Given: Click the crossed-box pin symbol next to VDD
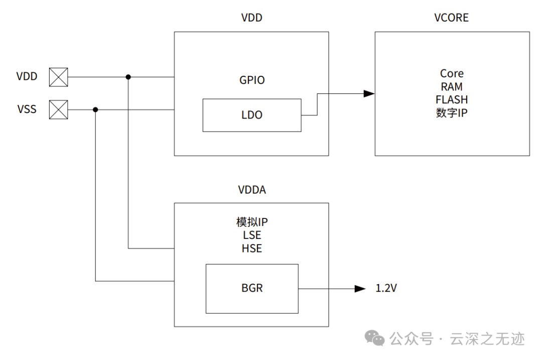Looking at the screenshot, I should click(58, 77).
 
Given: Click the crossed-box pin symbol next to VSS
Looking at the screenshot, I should click(58, 109).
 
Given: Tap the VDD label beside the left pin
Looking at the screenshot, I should click(27, 77).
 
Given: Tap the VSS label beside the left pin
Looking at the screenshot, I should click(27, 109).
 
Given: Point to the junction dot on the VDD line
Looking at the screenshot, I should click(128, 77).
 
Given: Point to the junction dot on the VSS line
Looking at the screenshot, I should click(95, 109).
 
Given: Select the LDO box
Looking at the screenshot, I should click(252, 115).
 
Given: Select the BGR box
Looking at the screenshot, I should click(252, 288).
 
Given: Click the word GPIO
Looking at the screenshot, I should click(252, 80).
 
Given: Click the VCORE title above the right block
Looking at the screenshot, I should click(451, 18).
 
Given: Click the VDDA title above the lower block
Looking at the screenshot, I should click(252, 190).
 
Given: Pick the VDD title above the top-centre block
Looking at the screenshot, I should click(252, 18).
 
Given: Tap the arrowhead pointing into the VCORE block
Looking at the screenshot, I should click(369, 93).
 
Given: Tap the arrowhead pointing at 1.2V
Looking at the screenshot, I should click(360, 289).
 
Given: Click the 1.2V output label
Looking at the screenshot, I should click(386, 289).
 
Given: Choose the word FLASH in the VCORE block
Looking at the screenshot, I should click(452, 99).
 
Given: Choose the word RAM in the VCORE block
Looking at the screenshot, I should click(452, 87).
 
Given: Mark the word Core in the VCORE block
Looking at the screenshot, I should click(452, 74).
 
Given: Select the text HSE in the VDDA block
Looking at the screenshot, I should click(252, 249).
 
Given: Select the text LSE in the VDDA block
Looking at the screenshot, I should click(252, 235).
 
